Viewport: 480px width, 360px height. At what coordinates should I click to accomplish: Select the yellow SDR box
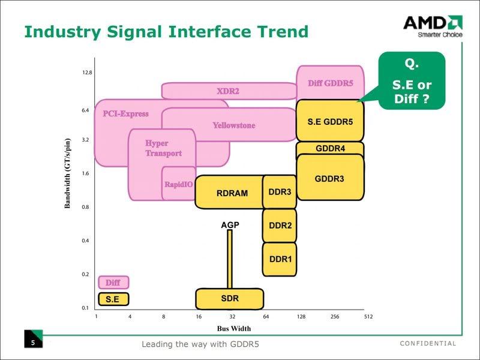(230, 298)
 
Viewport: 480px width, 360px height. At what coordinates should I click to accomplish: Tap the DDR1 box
(280, 259)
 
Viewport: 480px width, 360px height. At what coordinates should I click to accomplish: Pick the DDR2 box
(280, 226)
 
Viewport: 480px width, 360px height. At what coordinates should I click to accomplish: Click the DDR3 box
(280, 192)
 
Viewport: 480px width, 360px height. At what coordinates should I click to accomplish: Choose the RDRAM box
(232, 193)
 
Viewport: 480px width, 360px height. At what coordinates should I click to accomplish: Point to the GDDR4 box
(330, 149)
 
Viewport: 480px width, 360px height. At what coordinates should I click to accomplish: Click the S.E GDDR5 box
(330, 121)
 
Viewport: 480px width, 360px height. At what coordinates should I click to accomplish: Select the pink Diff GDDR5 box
(330, 83)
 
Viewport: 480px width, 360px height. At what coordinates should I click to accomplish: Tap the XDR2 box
(228, 91)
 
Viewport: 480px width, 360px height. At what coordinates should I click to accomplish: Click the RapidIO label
(179, 184)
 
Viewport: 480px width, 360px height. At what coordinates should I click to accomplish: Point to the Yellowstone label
(234, 125)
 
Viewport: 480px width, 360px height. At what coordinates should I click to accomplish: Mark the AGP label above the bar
(230, 225)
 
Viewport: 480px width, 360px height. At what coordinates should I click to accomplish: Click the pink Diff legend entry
(113, 282)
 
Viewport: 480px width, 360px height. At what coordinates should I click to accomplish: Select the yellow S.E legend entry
(113, 298)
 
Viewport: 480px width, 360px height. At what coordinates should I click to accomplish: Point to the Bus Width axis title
(233, 328)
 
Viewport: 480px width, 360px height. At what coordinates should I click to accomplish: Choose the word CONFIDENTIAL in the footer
(427, 344)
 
